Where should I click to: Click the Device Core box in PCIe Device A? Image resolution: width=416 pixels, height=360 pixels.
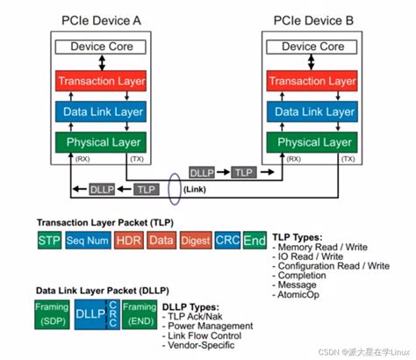103,47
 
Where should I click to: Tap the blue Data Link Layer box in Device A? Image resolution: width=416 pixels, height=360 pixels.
103,112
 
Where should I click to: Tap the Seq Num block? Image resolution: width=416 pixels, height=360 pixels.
86,240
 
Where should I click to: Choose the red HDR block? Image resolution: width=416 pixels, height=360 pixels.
128,240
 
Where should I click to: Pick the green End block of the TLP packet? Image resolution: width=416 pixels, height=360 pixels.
255,240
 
